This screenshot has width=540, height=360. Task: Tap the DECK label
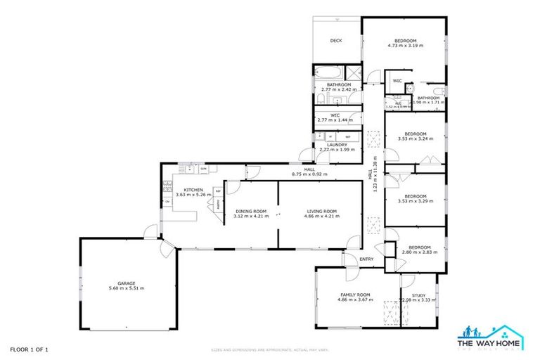coord(336,41)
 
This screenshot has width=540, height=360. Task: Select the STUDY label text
coord(418,295)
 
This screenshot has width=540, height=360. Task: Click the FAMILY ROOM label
coord(355,295)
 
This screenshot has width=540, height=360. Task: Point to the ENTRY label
coord(366,259)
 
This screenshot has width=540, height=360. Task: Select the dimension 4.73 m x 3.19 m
coord(406,46)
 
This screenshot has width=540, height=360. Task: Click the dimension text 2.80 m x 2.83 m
coord(420,251)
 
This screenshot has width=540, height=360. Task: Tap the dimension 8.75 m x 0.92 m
coord(309,174)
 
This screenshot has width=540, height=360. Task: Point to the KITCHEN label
coord(193,190)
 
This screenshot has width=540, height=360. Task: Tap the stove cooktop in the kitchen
coord(167,187)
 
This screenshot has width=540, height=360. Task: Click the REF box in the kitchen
coord(218,191)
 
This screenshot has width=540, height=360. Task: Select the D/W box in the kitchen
coord(203,169)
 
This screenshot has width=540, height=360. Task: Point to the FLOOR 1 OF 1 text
coord(29,349)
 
